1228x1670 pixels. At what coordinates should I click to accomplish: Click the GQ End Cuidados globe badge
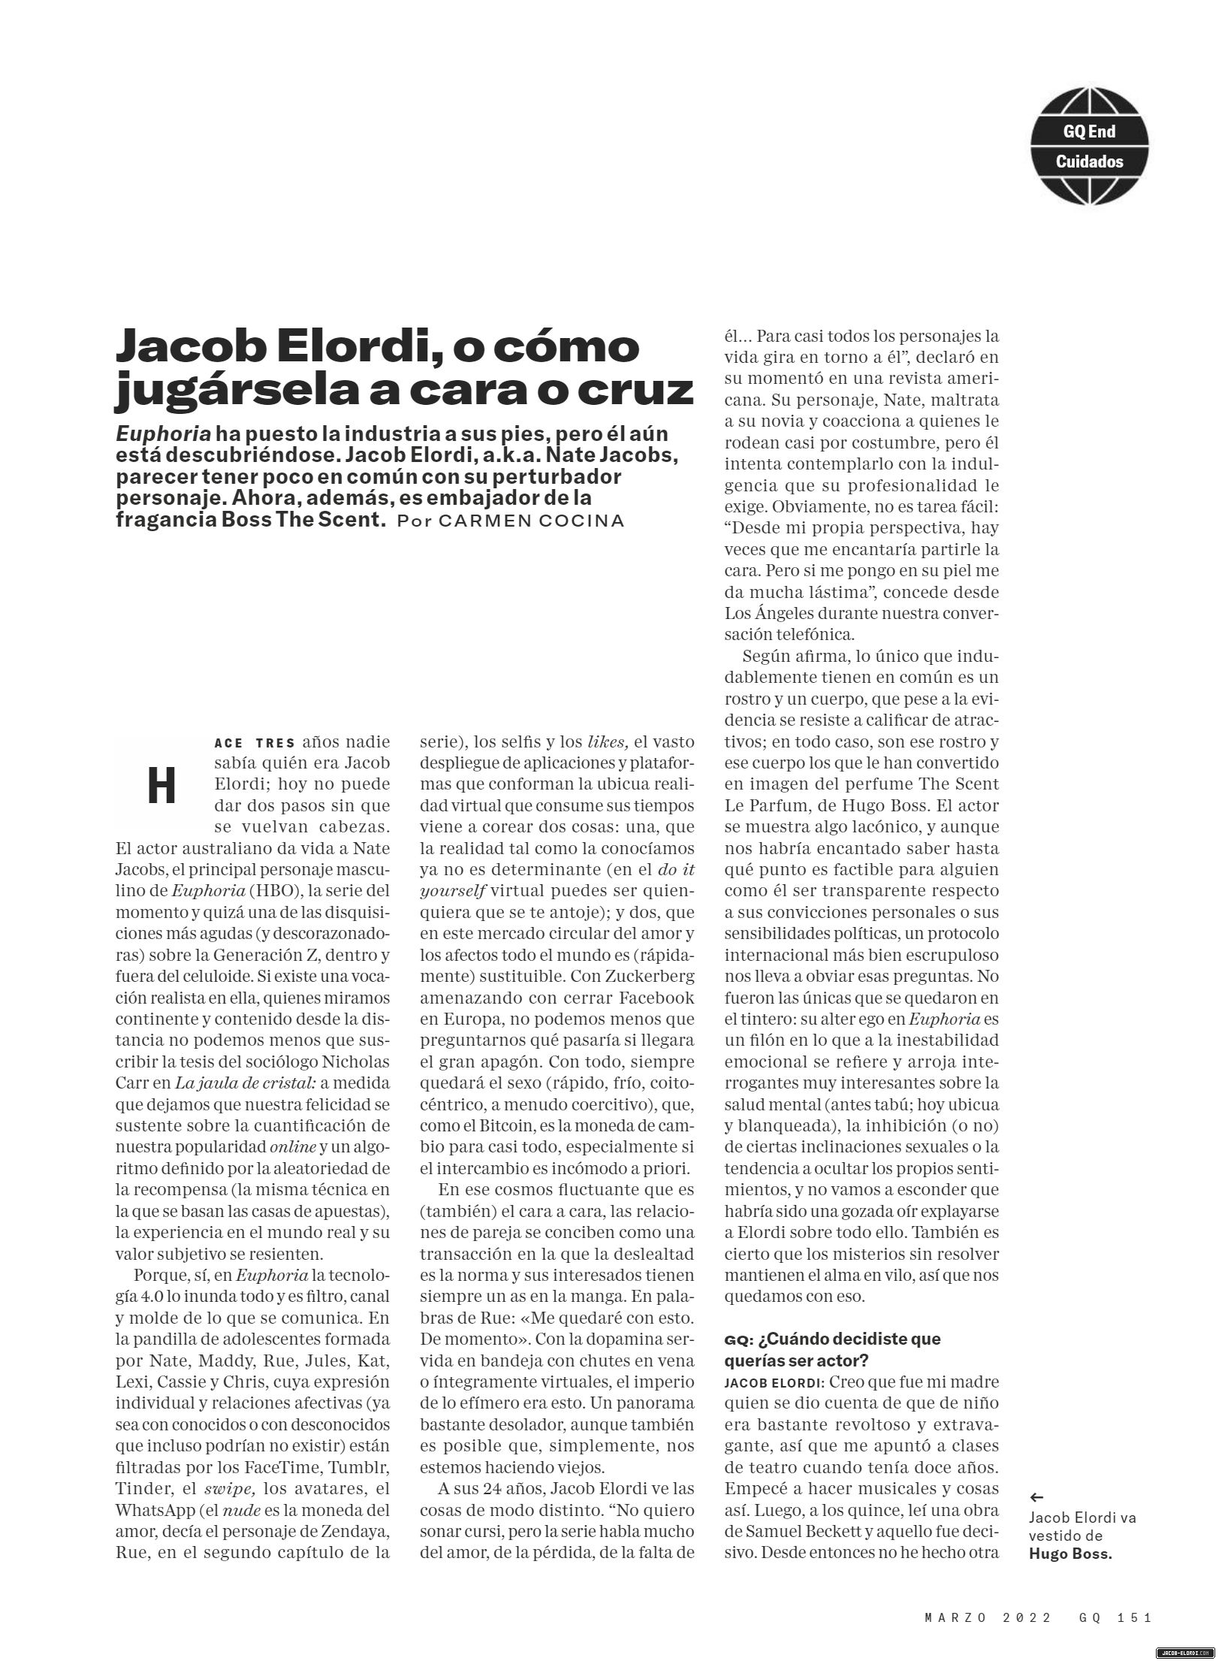pos(1089,146)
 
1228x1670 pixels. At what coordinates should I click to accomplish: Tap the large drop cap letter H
pos(161,787)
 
